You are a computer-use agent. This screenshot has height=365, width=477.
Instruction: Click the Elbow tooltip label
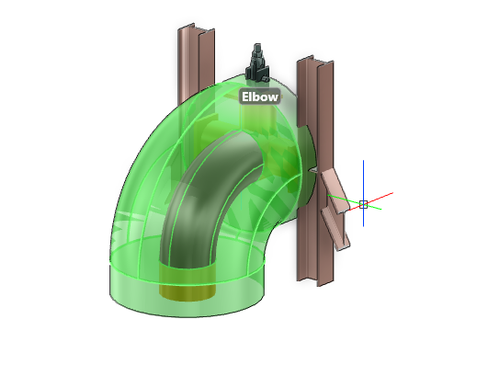(260, 97)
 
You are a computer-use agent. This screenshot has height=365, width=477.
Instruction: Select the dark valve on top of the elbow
(257, 64)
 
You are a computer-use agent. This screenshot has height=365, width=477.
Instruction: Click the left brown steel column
(196, 62)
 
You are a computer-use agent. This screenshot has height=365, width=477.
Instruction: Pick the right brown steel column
(315, 172)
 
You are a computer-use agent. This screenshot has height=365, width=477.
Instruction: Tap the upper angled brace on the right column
(334, 190)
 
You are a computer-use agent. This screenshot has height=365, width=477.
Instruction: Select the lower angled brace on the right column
(335, 230)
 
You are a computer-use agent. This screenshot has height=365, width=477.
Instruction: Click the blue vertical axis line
(364, 193)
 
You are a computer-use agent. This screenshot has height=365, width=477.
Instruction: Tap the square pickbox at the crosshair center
(364, 204)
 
